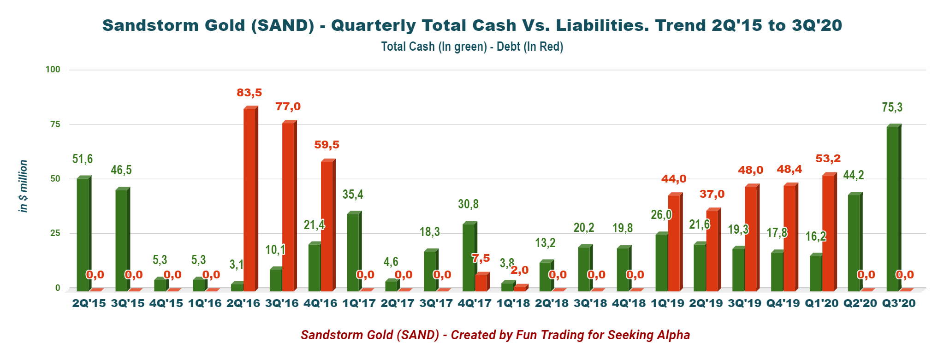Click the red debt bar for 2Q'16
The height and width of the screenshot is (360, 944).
point(249,200)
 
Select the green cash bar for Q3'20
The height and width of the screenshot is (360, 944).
point(892,208)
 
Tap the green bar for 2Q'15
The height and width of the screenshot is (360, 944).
point(83,234)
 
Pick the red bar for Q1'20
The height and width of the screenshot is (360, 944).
point(828,233)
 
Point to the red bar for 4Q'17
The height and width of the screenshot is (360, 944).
point(481,283)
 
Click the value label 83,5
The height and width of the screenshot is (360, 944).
point(249,93)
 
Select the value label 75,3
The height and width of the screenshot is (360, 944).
point(892,107)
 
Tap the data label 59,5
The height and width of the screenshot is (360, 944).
point(327,145)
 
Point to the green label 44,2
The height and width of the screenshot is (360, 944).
point(853,175)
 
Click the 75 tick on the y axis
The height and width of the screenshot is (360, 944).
point(55,124)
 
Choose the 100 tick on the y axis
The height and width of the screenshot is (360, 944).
point(53,70)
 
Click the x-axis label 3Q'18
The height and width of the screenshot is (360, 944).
point(590,303)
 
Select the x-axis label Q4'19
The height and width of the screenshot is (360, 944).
point(783,303)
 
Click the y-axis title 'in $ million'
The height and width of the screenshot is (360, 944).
point(23,186)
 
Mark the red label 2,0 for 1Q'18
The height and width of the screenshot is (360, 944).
point(519,270)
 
